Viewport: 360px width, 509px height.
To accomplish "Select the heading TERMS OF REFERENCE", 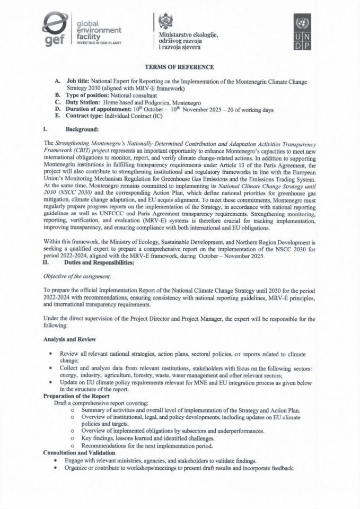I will pos(180,67).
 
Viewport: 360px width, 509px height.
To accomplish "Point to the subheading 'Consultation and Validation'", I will pos(78,452).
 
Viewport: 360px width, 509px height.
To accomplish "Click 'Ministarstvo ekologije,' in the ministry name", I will pos(188,34).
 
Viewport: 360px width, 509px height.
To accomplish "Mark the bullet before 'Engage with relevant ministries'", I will pos(56,461).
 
